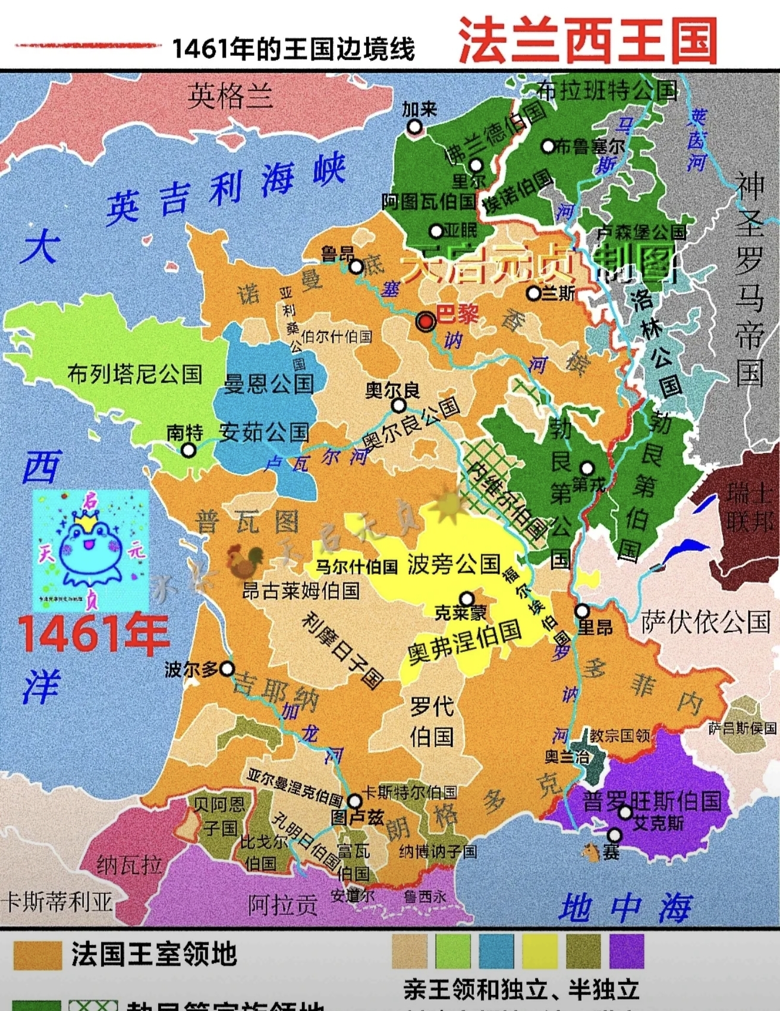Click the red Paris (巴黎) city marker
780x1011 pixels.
pyautogui.click(x=426, y=322)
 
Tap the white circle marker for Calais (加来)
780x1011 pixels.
pyautogui.click(x=414, y=127)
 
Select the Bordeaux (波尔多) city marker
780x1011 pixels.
pyautogui.click(x=227, y=669)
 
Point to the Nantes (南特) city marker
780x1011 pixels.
pyautogui.click(x=188, y=450)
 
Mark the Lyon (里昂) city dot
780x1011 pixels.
pyautogui.click(x=582, y=611)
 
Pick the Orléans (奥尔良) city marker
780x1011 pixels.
pyautogui.click(x=399, y=406)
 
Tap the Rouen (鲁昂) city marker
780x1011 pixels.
pyautogui.click(x=356, y=266)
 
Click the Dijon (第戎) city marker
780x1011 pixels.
pyautogui.click(x=587, y=468)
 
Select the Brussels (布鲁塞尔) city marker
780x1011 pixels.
pyautogui.click(x=548, y=146)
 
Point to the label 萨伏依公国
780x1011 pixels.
pyautogui.click(x=706, y=623)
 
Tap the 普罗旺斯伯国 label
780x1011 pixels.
pyautogui.click(x=652, y=801)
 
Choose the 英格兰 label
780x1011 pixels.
pyautogui.click(x=230, y=96)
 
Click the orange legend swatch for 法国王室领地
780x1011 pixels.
pyautogui.click(x=37, y=955)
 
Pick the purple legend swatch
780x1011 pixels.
pyautogui.click(x=627, y=950)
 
